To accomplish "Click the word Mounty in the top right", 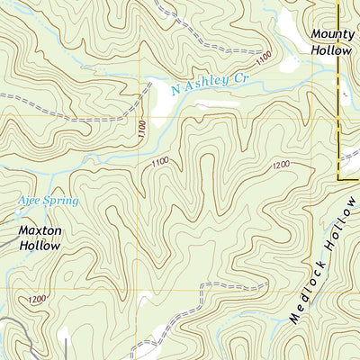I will point(330,34).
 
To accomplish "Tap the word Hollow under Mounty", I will point(330,50).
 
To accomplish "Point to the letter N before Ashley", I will point(175,88).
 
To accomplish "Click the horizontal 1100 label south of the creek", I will point(160,162).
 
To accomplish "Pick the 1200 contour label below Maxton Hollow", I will point(37,299).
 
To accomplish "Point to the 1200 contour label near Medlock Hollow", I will point(280,166).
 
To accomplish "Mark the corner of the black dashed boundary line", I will point(338,179).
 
